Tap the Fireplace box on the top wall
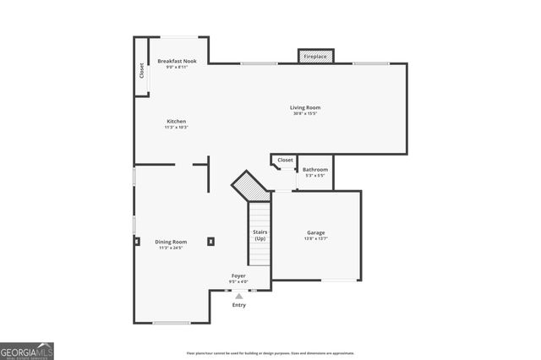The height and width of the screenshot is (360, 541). point(315,56)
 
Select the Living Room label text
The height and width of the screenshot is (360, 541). point(305,107)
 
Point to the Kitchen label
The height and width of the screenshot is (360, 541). point(176,121)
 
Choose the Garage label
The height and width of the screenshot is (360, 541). point(315,232)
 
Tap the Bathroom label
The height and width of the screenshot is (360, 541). point(315,169)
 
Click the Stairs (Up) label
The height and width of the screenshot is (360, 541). point(260,234)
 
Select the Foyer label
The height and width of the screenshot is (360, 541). point(239,275)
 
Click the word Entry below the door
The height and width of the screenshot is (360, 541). point(239,304)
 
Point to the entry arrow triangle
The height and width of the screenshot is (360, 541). point(239,296)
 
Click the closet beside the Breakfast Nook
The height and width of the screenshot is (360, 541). point(141,70)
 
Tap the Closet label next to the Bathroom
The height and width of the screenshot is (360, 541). point(286,160)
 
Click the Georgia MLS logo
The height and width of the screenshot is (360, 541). point(27,351)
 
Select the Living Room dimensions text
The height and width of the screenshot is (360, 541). point(305,114)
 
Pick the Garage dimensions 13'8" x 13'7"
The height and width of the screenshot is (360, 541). point(315,239)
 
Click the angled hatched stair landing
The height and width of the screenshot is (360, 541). point(250,186)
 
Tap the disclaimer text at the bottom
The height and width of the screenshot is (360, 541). point(270,353)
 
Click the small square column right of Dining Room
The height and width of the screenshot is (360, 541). point(210,242)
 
